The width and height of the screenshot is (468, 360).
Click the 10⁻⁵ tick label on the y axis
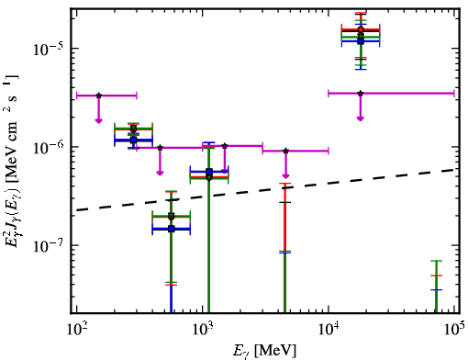[x=48, y=49]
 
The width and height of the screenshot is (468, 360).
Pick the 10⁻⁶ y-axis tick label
[x=48, y=148]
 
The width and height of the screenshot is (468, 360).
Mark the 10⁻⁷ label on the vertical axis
[x=48, y=246]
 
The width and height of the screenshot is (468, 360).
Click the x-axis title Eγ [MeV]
[x=264, y=351]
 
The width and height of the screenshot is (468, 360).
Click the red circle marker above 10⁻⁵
[x=361, y=29]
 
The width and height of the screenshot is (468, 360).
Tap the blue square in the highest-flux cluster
[x=361, y=41]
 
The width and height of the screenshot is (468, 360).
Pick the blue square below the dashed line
[x=172, y=229]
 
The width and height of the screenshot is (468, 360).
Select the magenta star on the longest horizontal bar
[x=361, y=93]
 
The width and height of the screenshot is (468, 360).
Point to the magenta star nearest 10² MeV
[x=98, y=96]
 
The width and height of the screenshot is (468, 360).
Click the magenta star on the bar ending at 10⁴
[x=285, y=151]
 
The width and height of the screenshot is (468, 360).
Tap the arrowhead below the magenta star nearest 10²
[x=98, y=120]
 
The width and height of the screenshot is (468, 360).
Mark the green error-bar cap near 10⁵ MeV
[x=436, y=261]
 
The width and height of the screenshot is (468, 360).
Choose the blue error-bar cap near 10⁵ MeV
[x=436, y=289]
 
